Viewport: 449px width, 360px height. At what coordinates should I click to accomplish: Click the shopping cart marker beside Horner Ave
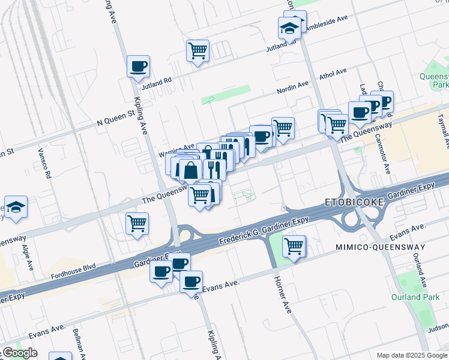point(294,246)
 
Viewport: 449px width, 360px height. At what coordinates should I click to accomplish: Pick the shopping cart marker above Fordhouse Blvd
point(137,224)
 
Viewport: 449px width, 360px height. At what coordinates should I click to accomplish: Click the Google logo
point(20,353)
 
